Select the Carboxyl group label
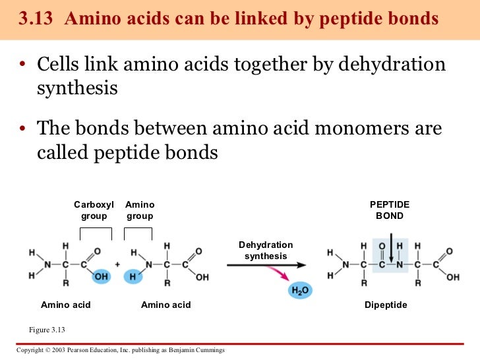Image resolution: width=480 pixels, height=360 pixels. [94, 211]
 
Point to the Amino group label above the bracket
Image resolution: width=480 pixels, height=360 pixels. [140, 211]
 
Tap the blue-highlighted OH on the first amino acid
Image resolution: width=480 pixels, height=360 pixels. [102, 277]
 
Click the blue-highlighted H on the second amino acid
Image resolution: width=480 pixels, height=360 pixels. [132, 277]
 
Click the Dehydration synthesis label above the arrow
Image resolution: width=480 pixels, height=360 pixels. [266, 251]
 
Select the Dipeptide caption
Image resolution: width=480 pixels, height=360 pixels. [386, 305]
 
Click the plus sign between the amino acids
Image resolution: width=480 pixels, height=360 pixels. [117, 264]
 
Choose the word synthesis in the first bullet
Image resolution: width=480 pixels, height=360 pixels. [76, 88]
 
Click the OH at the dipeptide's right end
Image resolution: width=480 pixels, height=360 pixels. [452, 277]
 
